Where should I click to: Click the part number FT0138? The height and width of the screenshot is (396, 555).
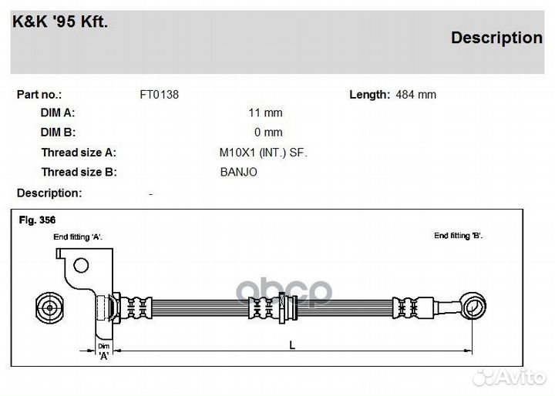tap(160, 95)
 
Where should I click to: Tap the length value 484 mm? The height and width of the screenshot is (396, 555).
tap(416, 95)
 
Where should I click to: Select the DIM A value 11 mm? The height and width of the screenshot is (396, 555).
tap(265, 113)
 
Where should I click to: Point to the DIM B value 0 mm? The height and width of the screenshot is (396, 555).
tap(268, 133)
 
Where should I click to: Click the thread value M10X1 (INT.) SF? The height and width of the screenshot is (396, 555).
tap(264, 153)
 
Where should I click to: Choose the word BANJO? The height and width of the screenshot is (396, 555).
tap(238, 172)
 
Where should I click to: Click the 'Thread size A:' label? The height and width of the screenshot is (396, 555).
tap(79, 153)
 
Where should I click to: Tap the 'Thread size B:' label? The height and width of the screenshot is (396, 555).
tap(79, 172)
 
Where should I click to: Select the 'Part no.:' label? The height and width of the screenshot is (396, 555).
tap(39, 95)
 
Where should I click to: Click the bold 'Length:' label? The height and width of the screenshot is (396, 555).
tap(369, 95)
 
